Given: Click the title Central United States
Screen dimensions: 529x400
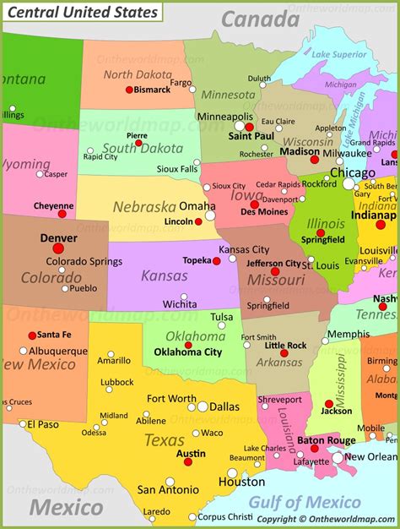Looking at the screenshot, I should pos(82,12).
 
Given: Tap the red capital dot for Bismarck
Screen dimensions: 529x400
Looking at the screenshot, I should pos(129,90).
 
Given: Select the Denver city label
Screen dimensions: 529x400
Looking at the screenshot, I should pos(58,238).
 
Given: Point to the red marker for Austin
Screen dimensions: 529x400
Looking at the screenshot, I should pos(189,463).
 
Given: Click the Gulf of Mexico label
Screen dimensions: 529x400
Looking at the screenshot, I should pos(305,504).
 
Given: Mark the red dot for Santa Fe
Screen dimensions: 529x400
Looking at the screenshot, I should pos(32,335).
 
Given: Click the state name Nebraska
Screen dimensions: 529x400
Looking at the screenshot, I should pos(144,205).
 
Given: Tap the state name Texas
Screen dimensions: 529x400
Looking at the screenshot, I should pos(164,440).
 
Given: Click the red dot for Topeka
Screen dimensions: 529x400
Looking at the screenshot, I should pos(216,261).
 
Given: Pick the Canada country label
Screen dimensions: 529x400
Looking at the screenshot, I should pos(261,19).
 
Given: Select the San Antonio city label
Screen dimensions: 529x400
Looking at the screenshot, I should pos(168,489).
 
